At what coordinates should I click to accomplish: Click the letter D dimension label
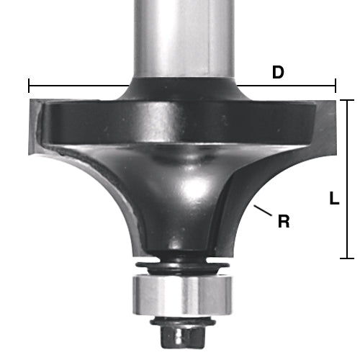coord(277,73)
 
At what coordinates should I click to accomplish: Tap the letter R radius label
coord(284,222)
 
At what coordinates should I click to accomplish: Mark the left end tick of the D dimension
coord(29,86)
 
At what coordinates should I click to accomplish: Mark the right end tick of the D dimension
coord(336,86)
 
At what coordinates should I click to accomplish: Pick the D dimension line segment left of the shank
coord(79,86)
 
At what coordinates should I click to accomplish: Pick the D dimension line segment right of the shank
coord(288,86)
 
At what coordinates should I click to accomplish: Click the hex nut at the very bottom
coord(180,335)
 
